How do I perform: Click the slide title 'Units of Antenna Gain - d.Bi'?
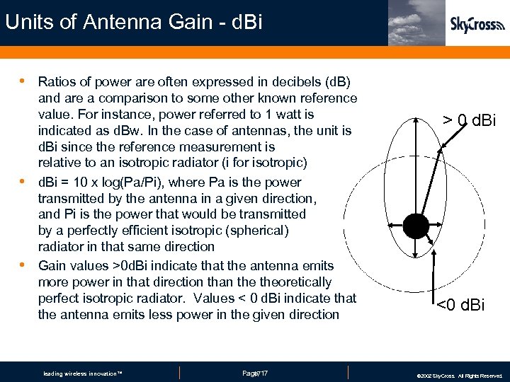tap(133, 22)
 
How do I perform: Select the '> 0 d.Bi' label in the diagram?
tap(470, 121)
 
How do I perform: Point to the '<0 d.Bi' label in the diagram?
tap(460, 306)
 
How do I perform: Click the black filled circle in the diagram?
tap(416, 226)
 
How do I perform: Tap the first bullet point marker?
tap(24, 81)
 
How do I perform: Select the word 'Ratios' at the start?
tap(57, 82)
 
